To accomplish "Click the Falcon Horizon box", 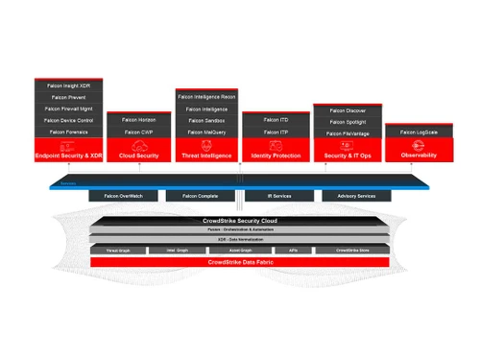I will point(140,119).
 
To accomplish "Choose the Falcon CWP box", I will point(140,132).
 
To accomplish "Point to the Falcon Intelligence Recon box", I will point(207,97).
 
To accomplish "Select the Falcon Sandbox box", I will point(207,120).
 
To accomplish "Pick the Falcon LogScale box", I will point(413,132).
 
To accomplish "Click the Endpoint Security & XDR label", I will point(68,156).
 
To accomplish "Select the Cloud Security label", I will point(140,156).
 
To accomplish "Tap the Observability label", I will point(413,156).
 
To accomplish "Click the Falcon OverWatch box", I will point(123,196).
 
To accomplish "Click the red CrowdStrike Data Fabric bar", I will point(239,262).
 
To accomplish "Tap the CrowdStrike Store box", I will point(357,250).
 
